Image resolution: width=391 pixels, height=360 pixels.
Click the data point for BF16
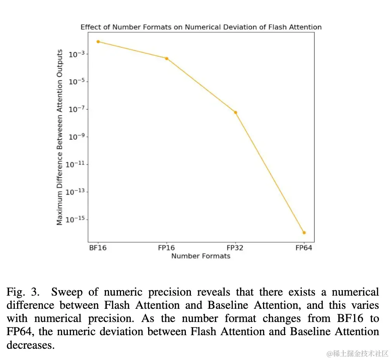tap(98, 42)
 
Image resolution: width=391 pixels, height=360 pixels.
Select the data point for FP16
tap(167, 59)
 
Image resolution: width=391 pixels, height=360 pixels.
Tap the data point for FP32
tap(235, 112)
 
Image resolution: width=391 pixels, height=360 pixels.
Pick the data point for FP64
tap(304, 233)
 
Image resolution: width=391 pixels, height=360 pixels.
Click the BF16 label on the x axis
tap(98, 248)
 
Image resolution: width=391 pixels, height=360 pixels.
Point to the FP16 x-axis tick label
tap(166, 248)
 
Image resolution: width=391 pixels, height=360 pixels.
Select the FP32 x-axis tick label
tap(235, 248)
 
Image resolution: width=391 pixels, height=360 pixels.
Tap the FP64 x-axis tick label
tap(304, 248)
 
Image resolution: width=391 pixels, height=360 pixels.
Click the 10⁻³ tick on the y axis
tap(76, 54)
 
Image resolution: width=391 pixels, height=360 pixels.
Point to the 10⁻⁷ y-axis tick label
tap(76, 109)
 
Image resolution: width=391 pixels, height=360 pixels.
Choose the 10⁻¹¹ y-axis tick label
tap(76, 164)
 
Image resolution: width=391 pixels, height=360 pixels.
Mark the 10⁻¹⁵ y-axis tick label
tap(76, 220)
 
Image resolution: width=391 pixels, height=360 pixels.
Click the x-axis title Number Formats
tap(201, 256)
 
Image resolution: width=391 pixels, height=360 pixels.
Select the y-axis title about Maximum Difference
tap(60, 137)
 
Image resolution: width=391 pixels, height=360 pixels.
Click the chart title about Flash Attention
tap(201, 27)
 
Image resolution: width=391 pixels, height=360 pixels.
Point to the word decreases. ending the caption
tap(31, 345)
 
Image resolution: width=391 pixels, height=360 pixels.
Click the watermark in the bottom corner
tap(357, 353)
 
